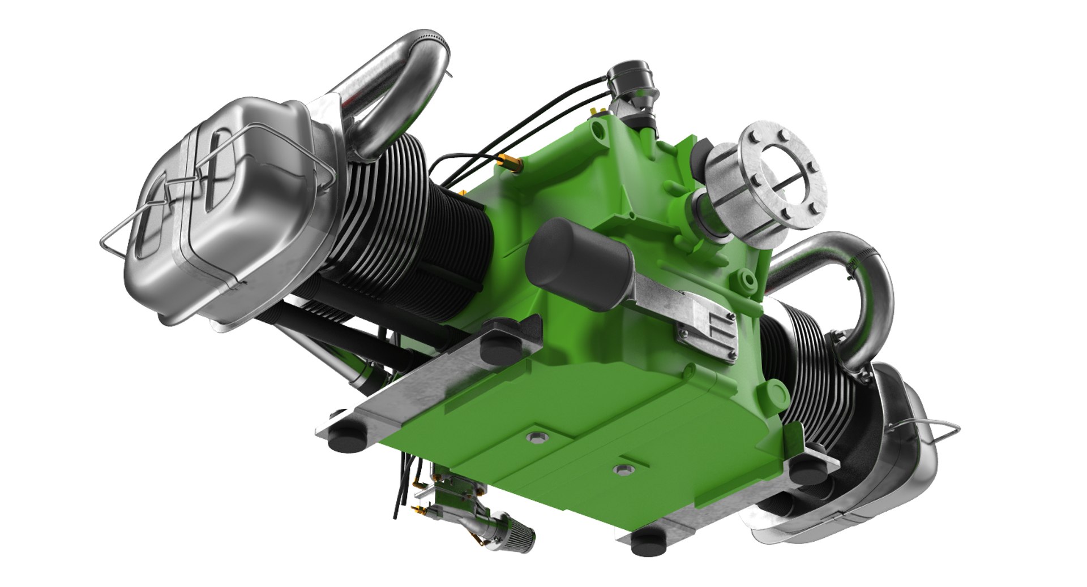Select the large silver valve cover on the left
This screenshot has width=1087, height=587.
click(x=226, y=215)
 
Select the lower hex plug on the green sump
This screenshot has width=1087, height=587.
click(x=623, y=469)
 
